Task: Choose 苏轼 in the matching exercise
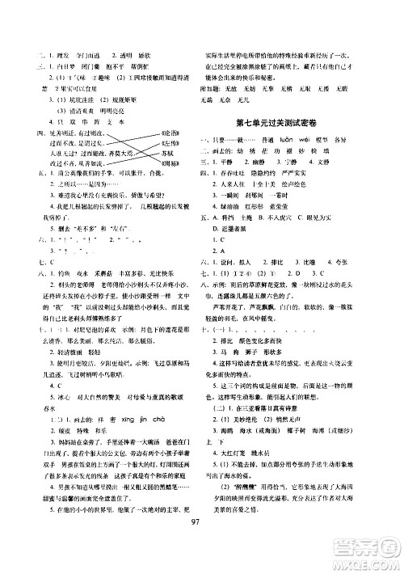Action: point(167,153)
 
